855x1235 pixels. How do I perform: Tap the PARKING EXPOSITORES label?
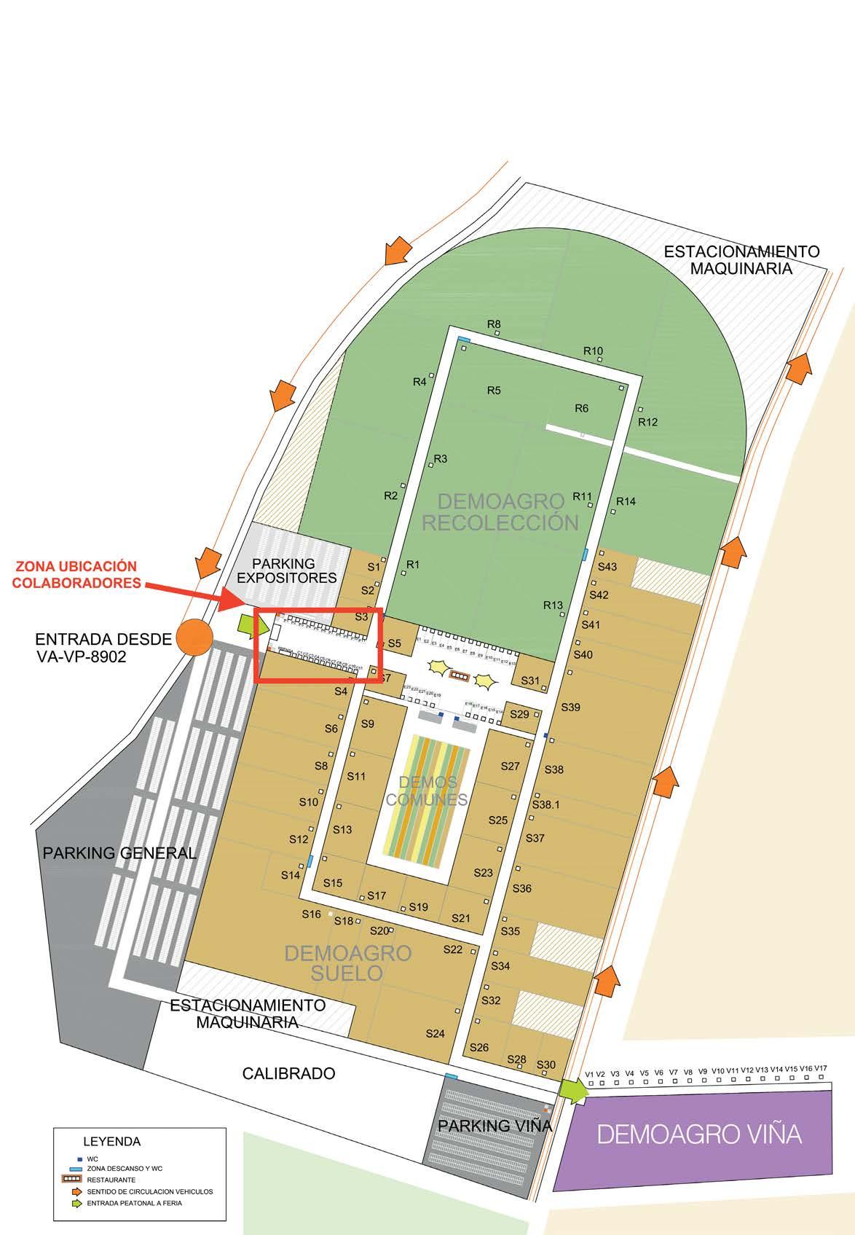294,571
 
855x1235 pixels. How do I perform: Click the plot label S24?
435,1033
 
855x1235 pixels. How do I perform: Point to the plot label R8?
494,324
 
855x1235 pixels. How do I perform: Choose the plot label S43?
607,567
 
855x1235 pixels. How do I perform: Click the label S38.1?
545,805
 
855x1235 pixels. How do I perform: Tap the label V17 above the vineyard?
821,1068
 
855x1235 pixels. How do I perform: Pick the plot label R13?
553,605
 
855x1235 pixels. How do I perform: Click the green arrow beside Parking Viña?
574,1090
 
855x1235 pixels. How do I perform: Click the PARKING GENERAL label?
119,852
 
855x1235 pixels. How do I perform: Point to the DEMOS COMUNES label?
427,791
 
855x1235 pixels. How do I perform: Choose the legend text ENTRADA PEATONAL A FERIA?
134,1203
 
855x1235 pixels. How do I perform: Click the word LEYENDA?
112,1141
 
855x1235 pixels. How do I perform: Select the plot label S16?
311,914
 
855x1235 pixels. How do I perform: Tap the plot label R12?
647,422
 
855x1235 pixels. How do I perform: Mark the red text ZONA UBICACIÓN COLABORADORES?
76,574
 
